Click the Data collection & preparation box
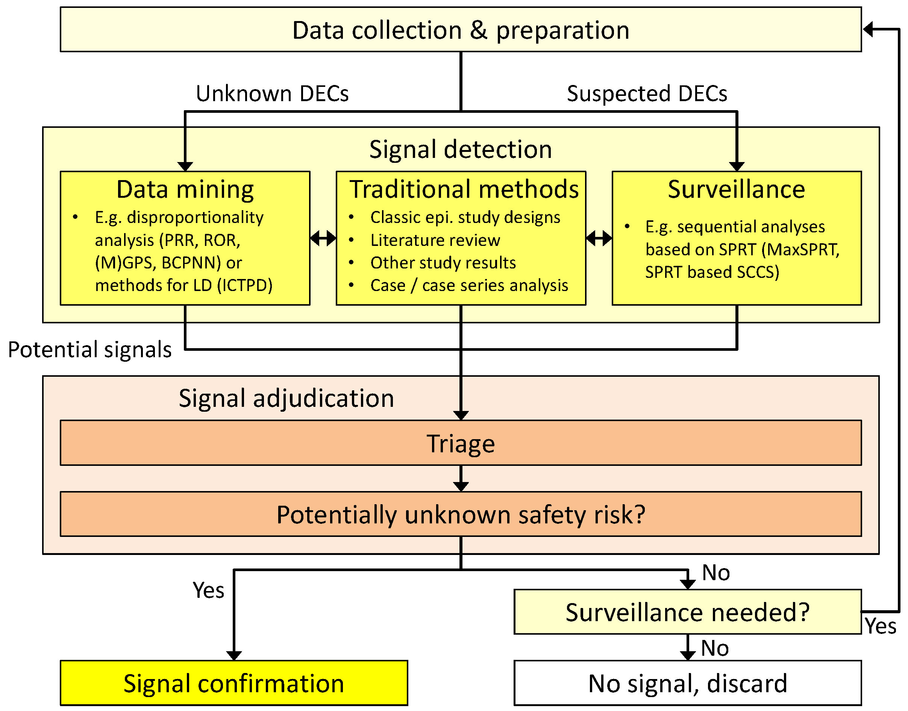(461, 30)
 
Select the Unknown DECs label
(272, 93)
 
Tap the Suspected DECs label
(647, 93)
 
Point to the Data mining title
(185, 189)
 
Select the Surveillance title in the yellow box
(736, 189)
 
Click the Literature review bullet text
(435, 240)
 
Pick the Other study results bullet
(443, 263)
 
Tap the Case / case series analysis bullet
(469, 286)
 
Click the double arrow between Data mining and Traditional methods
(323, 238)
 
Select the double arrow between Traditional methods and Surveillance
(599, 238)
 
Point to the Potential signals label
(89, 350)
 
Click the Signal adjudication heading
(286, 399)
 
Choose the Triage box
(461, 443)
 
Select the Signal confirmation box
(233, 684)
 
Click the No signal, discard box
(687, 684)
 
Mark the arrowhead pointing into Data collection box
(869, 30)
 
